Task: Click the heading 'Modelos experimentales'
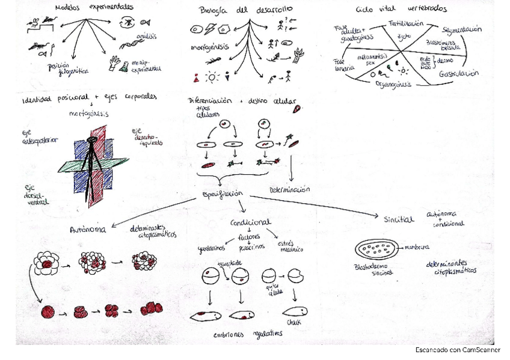[x=94, y=8]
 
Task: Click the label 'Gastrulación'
[x=459, y=74]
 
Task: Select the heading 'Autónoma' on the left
[x=88, y=229]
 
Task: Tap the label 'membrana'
[x=416, y=246]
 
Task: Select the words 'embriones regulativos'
[x=247, y=335]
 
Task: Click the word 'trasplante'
[x=231, y=263]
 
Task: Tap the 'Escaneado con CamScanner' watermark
[x=458, y=349]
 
